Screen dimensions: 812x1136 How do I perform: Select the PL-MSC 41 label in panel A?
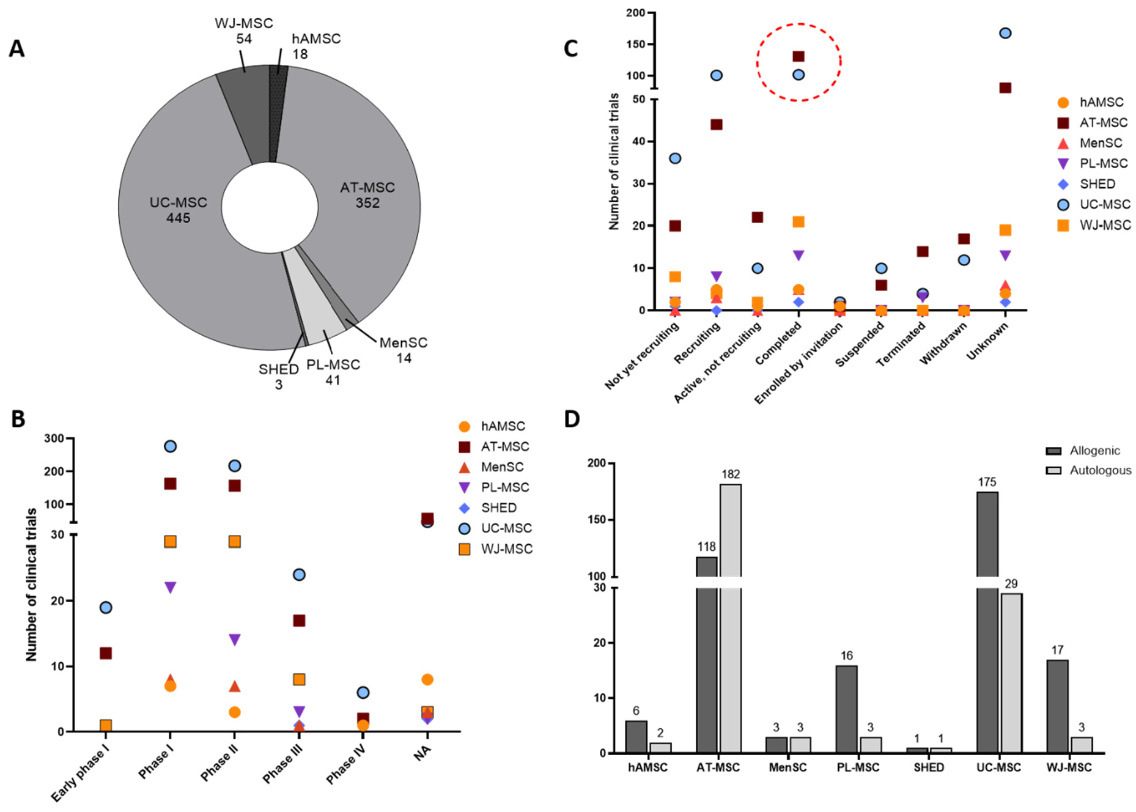333,372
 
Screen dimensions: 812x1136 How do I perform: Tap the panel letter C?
570,49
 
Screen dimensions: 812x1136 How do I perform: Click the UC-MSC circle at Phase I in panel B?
170,446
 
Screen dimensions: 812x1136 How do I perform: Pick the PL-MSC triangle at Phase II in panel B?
234,640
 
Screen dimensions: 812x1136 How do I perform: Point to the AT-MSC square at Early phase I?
106,653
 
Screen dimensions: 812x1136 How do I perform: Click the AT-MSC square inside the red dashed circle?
799,56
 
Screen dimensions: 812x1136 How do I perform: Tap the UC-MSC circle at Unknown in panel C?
1005,33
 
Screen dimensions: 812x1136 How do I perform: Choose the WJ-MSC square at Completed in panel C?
799,221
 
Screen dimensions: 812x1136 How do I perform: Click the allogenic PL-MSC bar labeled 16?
846,709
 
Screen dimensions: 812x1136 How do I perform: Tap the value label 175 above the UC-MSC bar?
987,482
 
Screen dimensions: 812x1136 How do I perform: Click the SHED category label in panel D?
929,767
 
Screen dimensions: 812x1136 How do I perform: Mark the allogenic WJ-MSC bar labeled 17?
1057,706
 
